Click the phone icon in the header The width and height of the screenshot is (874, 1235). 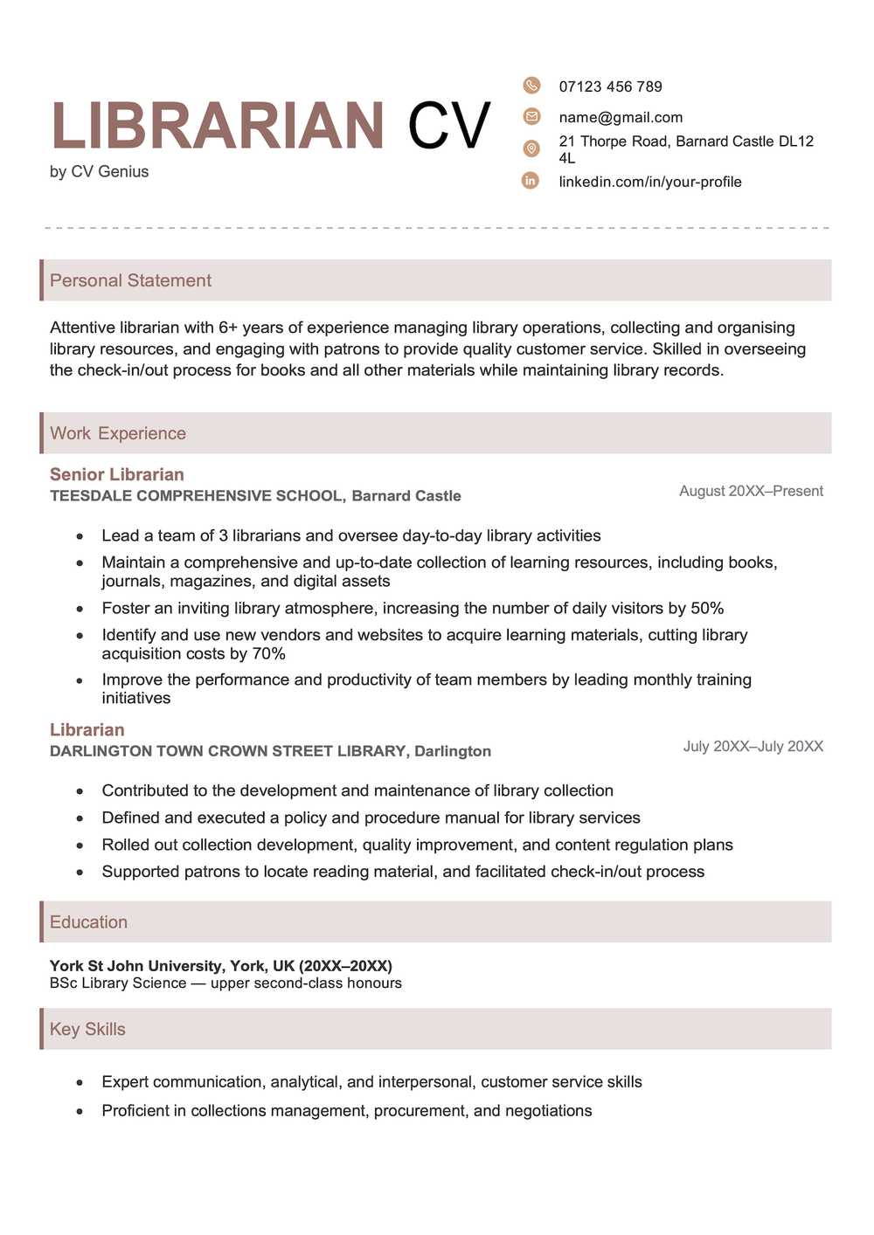(531, 85)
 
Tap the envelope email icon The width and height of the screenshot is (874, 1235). (531, 116)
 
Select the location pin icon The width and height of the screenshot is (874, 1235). (531, 148)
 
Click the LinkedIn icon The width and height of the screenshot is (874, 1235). (531, 181)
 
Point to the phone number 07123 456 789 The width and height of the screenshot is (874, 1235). (610, 86)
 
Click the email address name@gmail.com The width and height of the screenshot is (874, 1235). (621, 117)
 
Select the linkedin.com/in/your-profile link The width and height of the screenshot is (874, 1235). (650, 182)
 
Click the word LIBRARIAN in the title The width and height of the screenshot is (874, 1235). (218, 127)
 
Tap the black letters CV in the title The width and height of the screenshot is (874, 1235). (448, 127)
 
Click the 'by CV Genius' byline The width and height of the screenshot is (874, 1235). (99, 172)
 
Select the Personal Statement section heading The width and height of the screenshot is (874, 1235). (130, 280)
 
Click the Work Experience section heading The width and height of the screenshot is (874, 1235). (118, 433)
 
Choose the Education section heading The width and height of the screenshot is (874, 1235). (88, 922)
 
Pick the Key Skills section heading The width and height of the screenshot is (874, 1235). (87, 1029)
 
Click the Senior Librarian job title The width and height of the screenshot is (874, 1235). (117, 474)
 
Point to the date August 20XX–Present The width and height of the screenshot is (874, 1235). (751, 491)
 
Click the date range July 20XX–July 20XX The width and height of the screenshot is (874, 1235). (753, 746)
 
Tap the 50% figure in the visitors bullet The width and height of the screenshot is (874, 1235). (707, 608)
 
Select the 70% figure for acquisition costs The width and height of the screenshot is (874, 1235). (269, 653)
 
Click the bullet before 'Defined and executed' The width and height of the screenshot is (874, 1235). (80, 819)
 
